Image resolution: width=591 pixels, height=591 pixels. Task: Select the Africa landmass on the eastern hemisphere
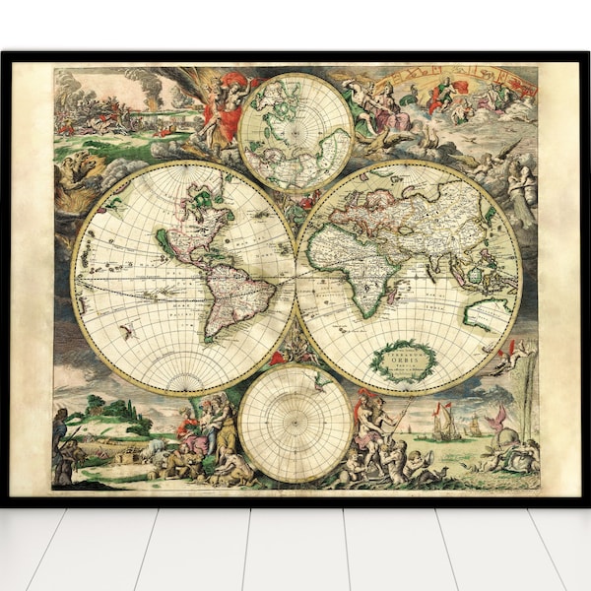pos(360,266)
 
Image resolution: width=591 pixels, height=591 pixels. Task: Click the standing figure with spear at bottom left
pos(61,433)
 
